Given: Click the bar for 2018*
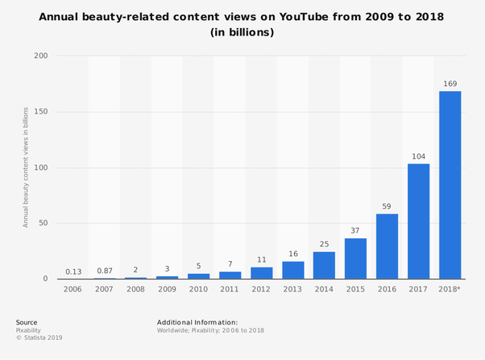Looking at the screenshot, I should pos(450,185).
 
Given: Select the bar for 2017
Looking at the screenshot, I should pos(418,221).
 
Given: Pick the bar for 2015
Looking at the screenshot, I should pos(355,259).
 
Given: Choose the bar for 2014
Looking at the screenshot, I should pos(324,265).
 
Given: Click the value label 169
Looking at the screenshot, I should pos(450,82).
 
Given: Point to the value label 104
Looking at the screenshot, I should pos(418,155).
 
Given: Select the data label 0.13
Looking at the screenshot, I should pos(73,271).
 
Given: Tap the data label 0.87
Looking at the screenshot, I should pos(105,271).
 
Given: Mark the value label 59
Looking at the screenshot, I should pos(387,205).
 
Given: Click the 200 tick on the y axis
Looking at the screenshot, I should pos(41,56).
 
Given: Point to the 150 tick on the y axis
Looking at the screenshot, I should pos(41,112).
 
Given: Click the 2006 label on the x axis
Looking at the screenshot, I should pos(73,289).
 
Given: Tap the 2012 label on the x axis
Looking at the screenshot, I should pos(261,289).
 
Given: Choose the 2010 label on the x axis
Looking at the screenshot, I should pos(198,289).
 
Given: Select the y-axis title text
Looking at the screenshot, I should pos(26,167).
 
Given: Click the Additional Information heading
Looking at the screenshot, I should pos(197,322).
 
